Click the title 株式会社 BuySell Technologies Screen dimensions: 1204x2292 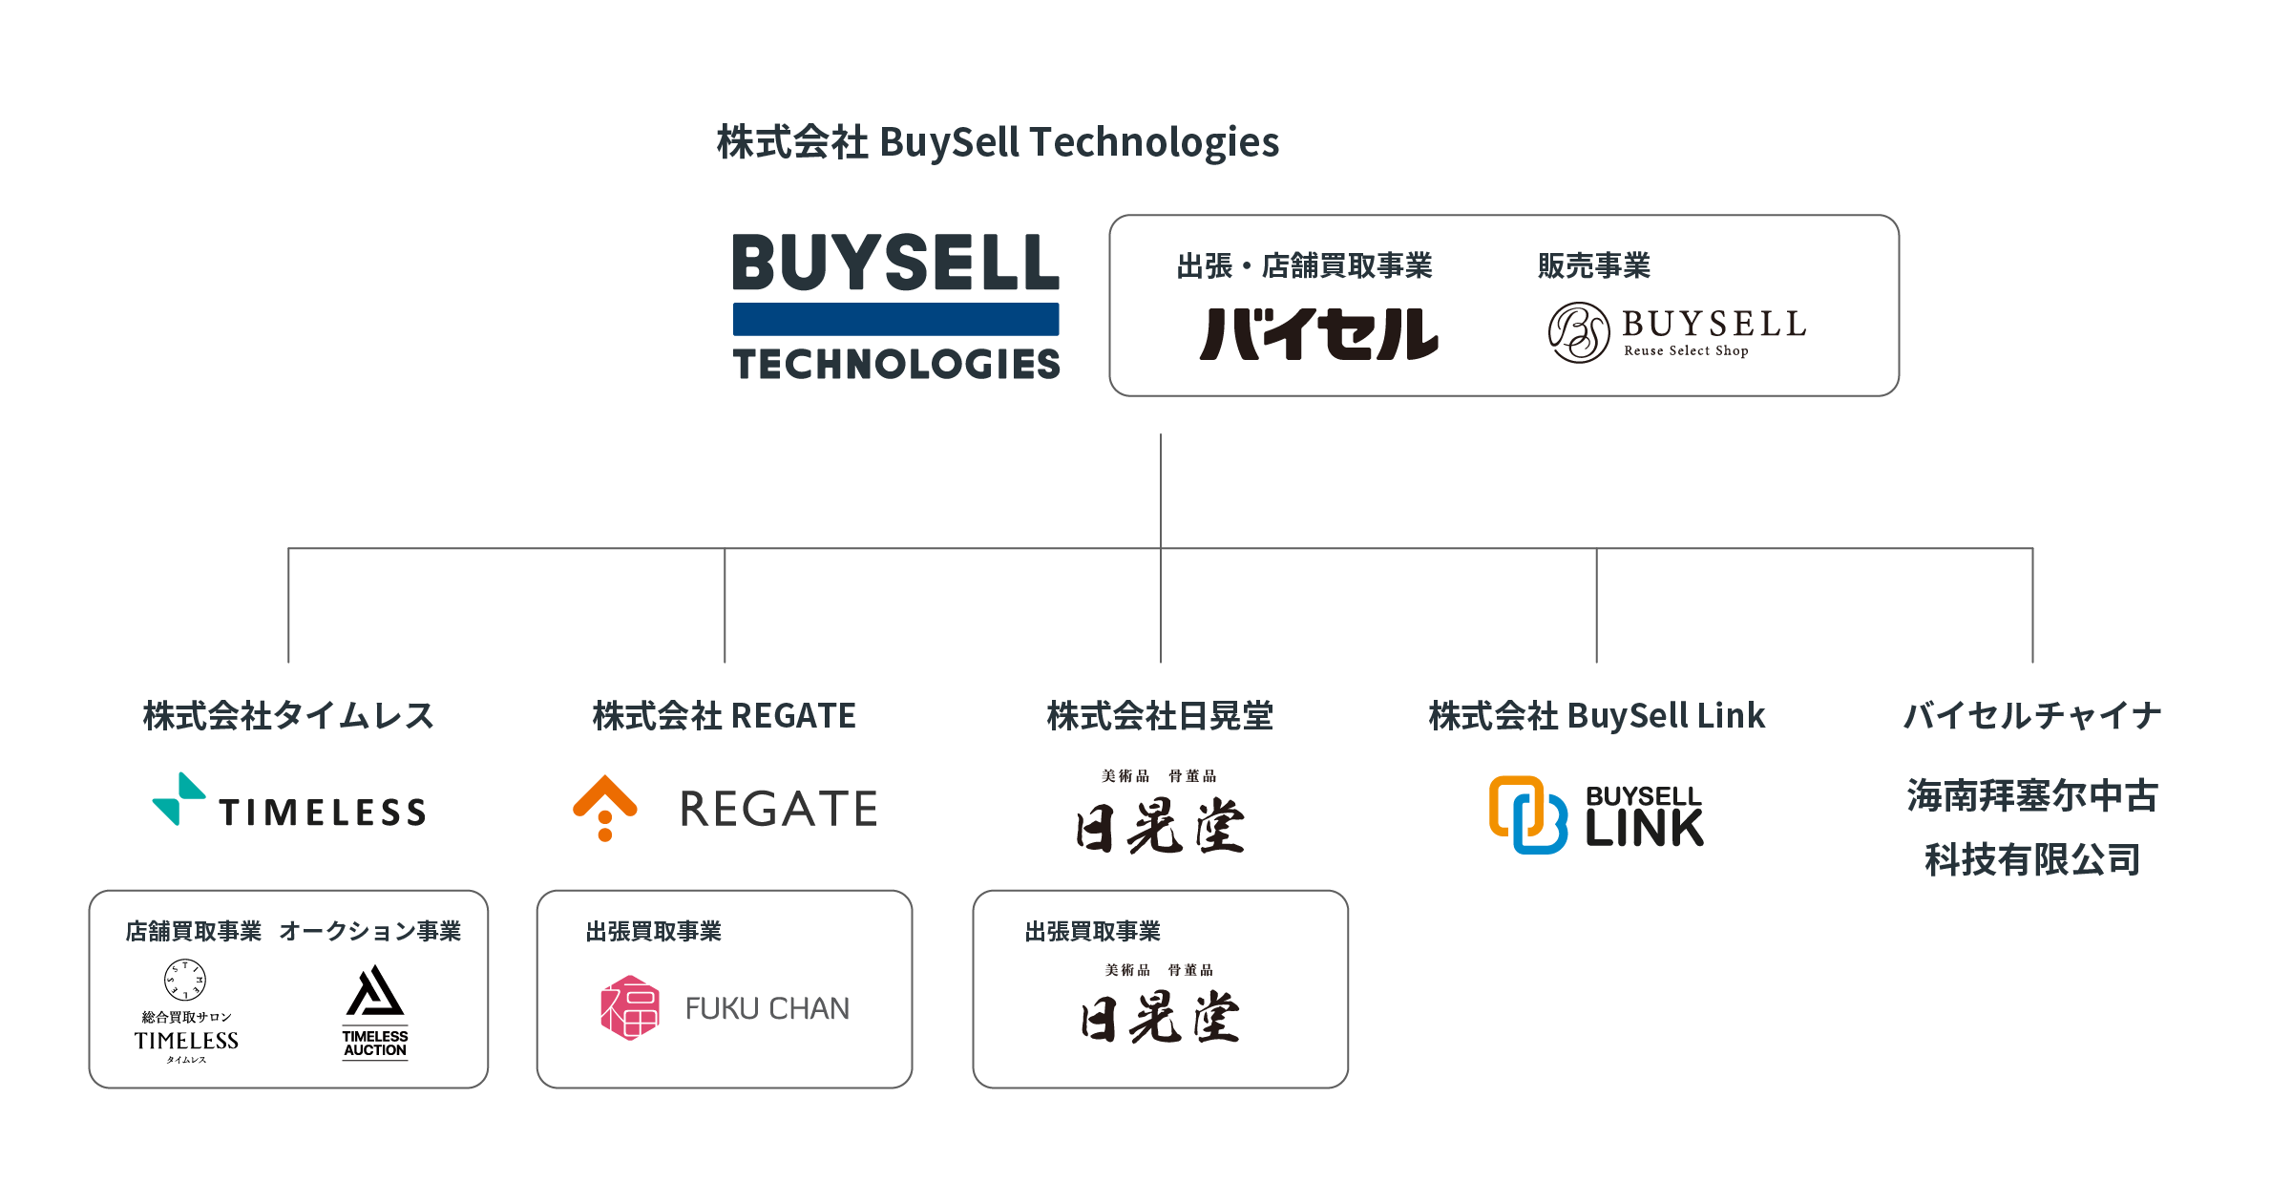pyautogui.click(x=998, y=142)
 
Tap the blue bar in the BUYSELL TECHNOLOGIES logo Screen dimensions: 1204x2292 pyautogui.click(x=895, y=319)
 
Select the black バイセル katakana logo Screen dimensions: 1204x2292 pyautogui.click(x=1319, y=333)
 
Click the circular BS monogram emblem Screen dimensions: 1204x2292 pyautogui.click(x=1579, y=332)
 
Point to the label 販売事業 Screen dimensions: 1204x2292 pyautogui.click(x=1593, y=265)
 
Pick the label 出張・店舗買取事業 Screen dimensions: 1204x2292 pyautogui.click(x=1304, y=265)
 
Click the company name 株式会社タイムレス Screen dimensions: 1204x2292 pyautogui.click(x=288, y=715)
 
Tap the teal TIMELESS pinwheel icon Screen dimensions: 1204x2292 pyautogui.click(x=179, y=799)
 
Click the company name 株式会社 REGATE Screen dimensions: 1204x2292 pyautogui.click(x=724, y=715)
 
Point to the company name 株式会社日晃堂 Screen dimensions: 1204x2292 pyautogui.click(x=1160, y=715)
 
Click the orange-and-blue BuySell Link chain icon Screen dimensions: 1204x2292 pyautogui.click(x=1527, y=814)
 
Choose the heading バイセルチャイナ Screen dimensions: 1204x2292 pyautogui.click(x=2032, y=715)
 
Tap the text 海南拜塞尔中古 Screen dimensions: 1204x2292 pyautogui.click(x=2032, y=795)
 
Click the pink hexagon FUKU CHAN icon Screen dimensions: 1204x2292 pyautogui.click(x=630, y=1007)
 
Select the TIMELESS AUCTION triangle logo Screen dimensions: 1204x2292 pyautogui.click(x=375, y=992)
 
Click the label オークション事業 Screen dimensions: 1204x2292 pyautogui.click(x=369, y=931)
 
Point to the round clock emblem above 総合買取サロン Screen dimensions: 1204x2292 pyautogui.click(x=185, y=980)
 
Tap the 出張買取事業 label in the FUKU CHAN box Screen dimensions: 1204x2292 pyautogui.click(x=653, y=931)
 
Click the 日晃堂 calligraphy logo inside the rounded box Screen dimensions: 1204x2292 pyautogui.click(x=1160, y=1017)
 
